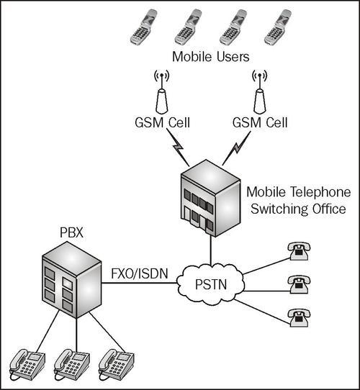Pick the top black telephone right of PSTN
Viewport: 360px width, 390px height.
[297, 250]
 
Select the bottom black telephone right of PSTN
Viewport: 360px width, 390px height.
[297, 317]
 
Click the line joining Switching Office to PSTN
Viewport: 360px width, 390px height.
[210, 250]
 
